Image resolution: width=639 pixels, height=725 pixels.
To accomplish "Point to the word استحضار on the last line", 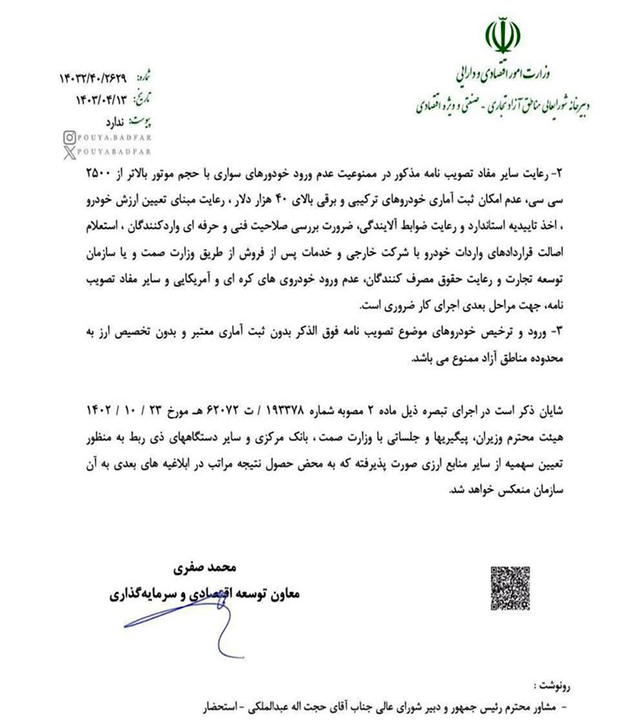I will point(216,705).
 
